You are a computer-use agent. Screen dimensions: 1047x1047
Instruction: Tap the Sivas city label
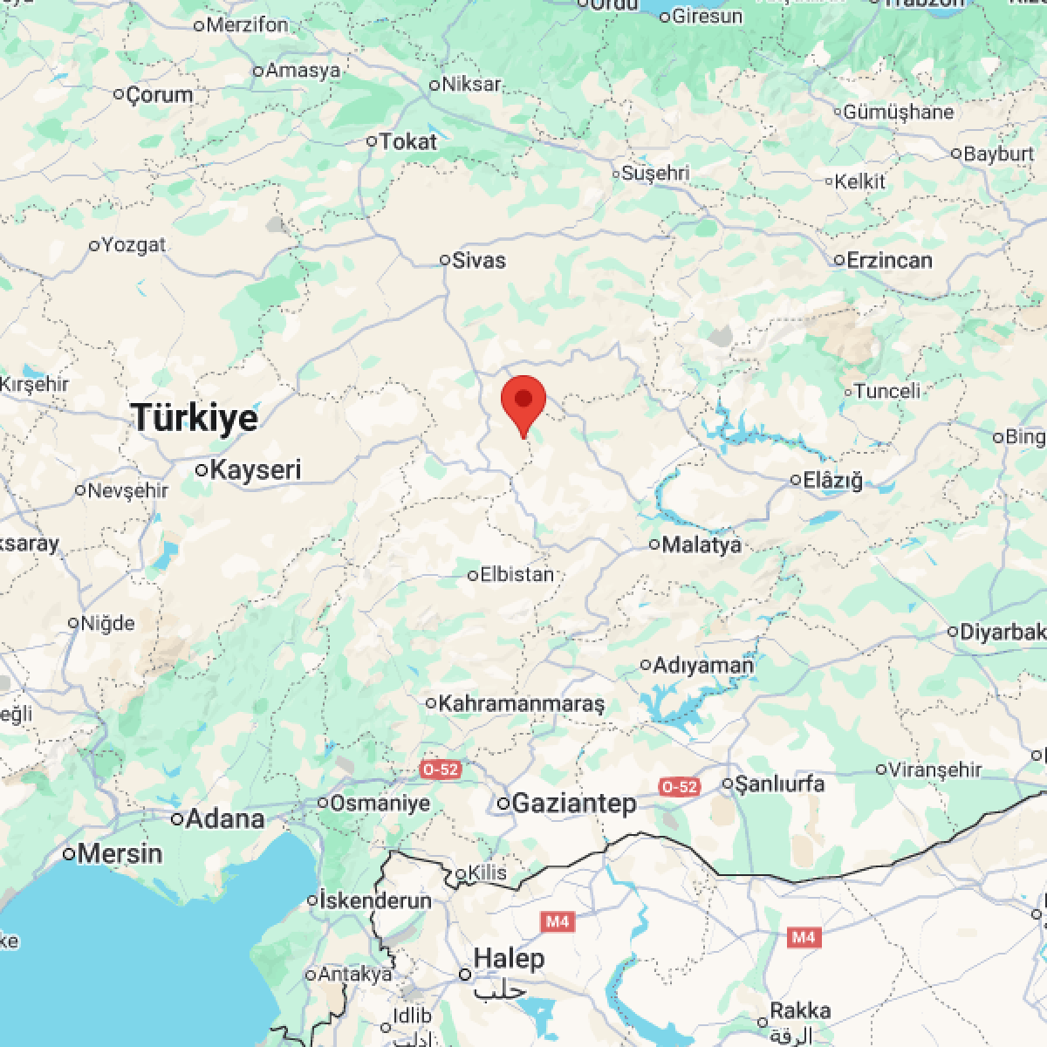pyautogui.click(x=478, y=260)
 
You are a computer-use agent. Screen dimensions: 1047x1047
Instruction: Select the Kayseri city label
pyautogui.click(x=256, y=469)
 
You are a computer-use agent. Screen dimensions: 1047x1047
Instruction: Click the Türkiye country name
pyautogui.click(x=195, y=418)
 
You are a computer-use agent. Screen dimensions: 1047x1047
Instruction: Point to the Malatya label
pyautogui.click(x=701, y=544)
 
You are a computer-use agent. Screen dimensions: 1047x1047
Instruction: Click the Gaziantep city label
pyautogui.click(x=574, y=804)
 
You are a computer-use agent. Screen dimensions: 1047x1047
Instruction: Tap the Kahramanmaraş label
pyautogui.click(x=521, y=703)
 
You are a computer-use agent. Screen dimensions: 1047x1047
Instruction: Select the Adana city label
pyautogui.click(x=225, y=818)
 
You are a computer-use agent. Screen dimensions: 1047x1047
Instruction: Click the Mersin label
pyautogui.click(x=120, y=853)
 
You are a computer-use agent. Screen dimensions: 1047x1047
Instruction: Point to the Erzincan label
pyautogui.click(x=889, y=260)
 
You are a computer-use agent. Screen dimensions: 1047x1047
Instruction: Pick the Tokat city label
pyautogui.click(x=407, y=140)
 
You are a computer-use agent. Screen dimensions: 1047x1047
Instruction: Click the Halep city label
pyautogui.click(x=509, y=959)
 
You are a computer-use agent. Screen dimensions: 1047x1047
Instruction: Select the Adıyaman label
pyautogui.click(x=702, y=665)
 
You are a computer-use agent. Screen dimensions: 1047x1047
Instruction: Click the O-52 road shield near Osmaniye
pyautogui.click(x=440, y=770)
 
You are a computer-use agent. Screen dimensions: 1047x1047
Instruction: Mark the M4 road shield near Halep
pyautogui.click(x=556, y=920)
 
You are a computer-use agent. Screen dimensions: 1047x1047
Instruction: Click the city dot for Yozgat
pyautogui.click(x=94, y=246)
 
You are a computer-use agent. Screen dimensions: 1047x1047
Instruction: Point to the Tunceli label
pyautogui.click(x=887, y=391)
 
